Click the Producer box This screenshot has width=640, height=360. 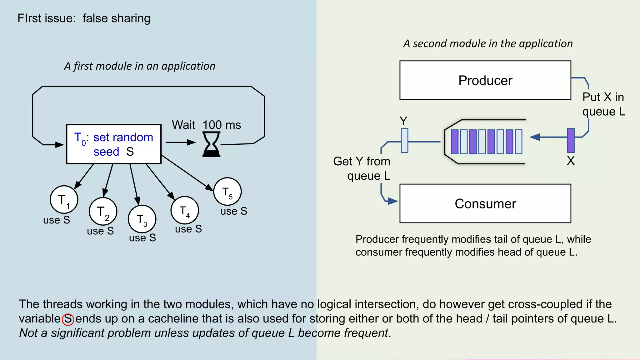[485, 80]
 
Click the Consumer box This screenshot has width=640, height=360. [485, 203]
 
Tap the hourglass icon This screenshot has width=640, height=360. [211, 144]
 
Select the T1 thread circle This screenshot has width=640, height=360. [64, 200]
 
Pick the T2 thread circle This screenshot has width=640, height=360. [103, 212]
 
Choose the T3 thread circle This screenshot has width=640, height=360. [142, 219]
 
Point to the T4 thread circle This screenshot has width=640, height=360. [185, 210]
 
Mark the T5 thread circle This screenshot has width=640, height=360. [227, 192]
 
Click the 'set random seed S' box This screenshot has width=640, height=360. [114, 144]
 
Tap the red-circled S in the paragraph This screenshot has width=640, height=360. [68, 319]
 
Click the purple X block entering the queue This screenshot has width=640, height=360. [571, 140]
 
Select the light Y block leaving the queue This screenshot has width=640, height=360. [404, 141]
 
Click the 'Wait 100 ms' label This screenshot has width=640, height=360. [206, 125]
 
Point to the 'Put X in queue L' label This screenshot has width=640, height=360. [603, 104]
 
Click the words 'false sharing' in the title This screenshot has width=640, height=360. [116, 18]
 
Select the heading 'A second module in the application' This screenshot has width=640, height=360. [488, 43]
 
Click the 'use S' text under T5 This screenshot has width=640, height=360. [233, 211]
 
